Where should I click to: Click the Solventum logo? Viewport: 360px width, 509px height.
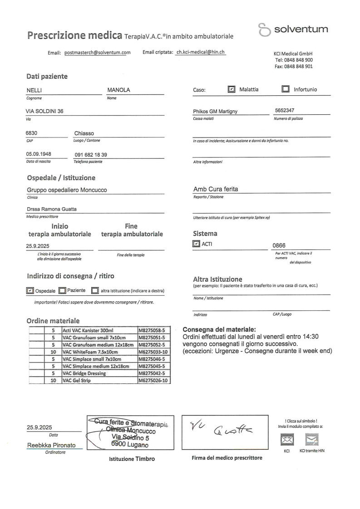293,30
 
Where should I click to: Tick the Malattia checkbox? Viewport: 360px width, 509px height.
232,89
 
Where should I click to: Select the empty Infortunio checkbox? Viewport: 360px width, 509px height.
286,89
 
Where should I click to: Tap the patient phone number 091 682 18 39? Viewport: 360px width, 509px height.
91,155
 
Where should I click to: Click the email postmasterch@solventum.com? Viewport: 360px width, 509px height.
98,53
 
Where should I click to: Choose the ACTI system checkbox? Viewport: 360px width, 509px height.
196,244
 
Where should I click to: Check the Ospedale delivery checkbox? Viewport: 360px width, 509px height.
30,290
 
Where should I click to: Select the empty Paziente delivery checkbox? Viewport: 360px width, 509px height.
63,290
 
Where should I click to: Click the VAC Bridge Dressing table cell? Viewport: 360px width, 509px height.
99,373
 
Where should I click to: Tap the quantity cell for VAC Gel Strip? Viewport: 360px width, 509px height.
54,381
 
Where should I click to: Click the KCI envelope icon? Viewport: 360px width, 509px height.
287,439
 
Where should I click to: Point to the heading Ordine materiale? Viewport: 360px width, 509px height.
53,321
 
